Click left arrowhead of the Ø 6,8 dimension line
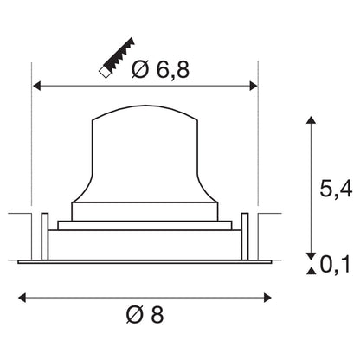click(36, 86)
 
